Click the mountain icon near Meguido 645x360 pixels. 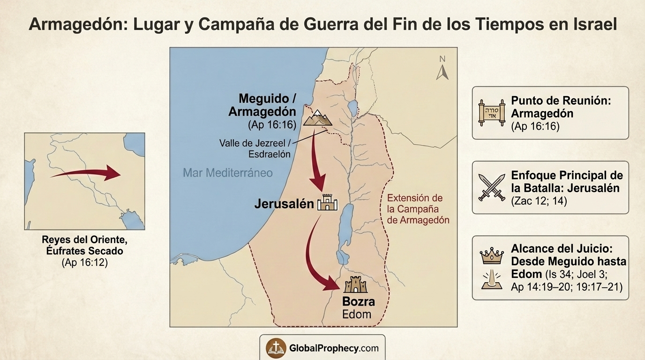pyautogui.click(x=317, y=118)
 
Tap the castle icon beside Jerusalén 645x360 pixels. pyautogui.click(x=328, y=203)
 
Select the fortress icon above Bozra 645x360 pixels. pyautogui.click(x=356, y=285)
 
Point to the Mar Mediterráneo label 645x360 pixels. pyautogui.click(x=228, y=173)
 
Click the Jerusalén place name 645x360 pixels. pyautogui.click(x=284, y=204)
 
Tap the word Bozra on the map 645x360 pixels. pyautogui.click(x=359, y=301)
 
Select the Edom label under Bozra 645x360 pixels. pyautogui.click(x=357, y=314)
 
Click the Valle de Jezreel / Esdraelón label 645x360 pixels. pyautogui.click(x=255, y=148)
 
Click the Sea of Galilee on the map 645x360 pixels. pyautogui.click(x=352, y=109)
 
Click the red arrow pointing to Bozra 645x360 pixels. pyautogui.click(x=319, y=262)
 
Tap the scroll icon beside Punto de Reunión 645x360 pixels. pyautogui.click(x=491, y=112)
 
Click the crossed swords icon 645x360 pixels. pyautogui.click(x=492, y=187)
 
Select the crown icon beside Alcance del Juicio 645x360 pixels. pyautogui.click(x=491, y=256)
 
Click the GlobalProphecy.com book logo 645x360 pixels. pyautogui.click(x=276, y=348)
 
